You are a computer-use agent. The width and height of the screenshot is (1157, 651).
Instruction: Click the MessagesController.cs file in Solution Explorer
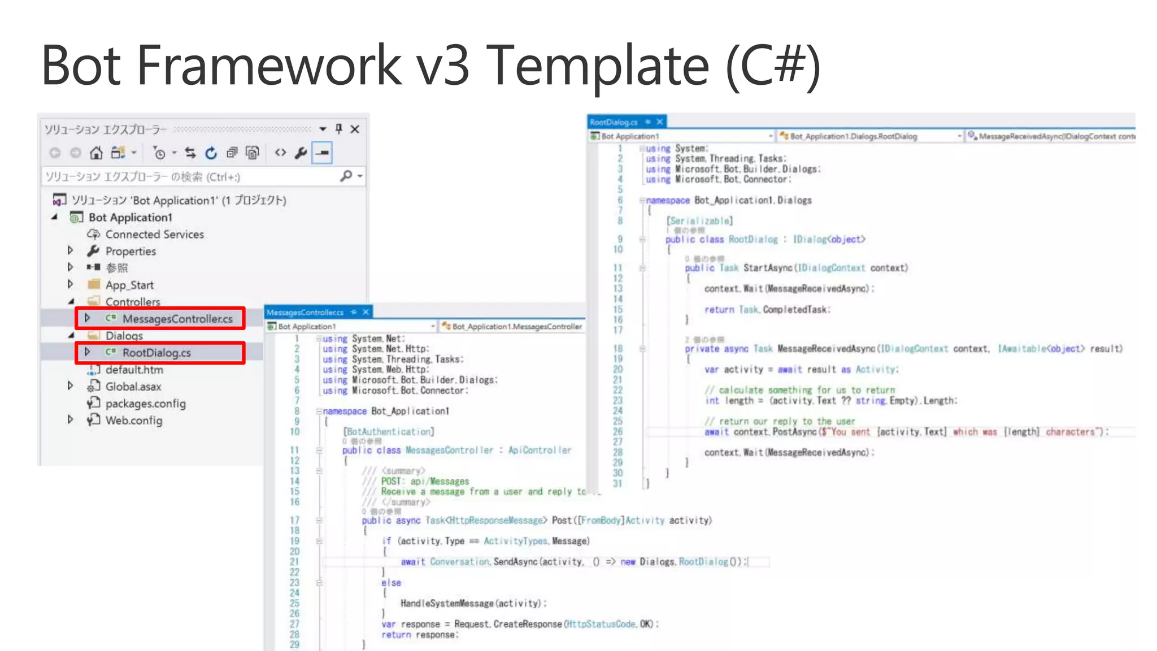tap(177, 319)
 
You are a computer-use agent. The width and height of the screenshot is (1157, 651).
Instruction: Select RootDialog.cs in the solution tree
tap(156, 353)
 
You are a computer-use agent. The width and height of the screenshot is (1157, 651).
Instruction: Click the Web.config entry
tap(133, 420)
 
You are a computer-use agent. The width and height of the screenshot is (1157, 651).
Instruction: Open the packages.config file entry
tap(145, 403)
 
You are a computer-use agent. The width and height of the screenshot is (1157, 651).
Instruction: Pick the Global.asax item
tap(133, 387)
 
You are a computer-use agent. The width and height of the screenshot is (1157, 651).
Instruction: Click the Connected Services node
tap(154, 234)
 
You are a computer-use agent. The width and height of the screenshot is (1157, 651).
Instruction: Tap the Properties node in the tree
tap(131, 251)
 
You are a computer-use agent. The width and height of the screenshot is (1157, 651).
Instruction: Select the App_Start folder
tap(129, 285)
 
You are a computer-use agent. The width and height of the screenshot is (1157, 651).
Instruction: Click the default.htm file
tap(134, 370)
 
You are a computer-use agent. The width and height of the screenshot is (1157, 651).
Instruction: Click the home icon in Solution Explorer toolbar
tap(97, 153)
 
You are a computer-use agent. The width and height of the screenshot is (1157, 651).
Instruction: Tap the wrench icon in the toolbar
tap(301, 153)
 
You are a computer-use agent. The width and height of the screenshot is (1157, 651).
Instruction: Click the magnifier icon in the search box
tap(346, 176)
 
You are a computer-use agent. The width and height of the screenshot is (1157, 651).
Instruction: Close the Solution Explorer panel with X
tap(355, 129)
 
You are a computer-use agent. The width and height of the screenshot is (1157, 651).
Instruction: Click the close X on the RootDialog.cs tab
tap(659, 122)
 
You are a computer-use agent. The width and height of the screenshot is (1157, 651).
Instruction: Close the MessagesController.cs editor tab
tap(366, 312)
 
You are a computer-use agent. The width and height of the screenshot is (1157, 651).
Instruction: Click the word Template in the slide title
tap(597, 66)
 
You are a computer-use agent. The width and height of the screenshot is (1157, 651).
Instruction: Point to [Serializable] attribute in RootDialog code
tap(699, 221)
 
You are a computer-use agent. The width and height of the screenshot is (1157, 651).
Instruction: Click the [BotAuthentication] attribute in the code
tap(389, 432)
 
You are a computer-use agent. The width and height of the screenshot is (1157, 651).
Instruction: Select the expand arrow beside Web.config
tap(71, 419)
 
